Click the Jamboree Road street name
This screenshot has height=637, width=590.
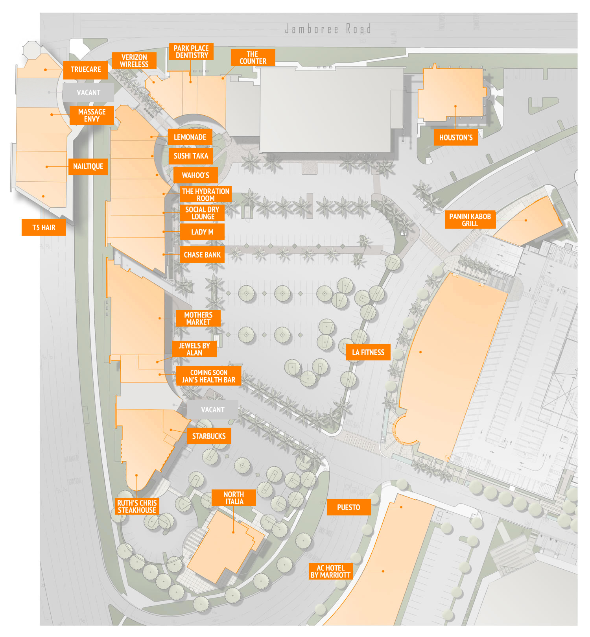click(328, 29)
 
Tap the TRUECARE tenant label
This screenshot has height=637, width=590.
click(85, 70)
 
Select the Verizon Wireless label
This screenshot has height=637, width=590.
click(134, 61)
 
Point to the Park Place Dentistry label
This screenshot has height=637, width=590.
click(191, 52)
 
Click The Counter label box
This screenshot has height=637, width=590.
click(253, 57)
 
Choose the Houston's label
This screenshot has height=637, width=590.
click(456, 137)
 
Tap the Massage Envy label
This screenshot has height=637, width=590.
click(92, 115)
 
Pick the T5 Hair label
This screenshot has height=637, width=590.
click(44, 227)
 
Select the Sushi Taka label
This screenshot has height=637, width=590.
click(191, 156)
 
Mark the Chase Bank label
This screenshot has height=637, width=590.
click(202, 255)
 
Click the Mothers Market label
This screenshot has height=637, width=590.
click(198, 318)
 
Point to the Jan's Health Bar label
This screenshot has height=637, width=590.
click(208, 376)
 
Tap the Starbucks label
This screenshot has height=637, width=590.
click(209, 436)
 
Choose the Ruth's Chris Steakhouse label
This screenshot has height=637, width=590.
click(137, 506)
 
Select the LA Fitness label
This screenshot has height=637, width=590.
click(368, 352)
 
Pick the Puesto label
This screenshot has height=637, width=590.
click(348, 507)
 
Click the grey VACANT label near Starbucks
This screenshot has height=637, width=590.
click(212, 410)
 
